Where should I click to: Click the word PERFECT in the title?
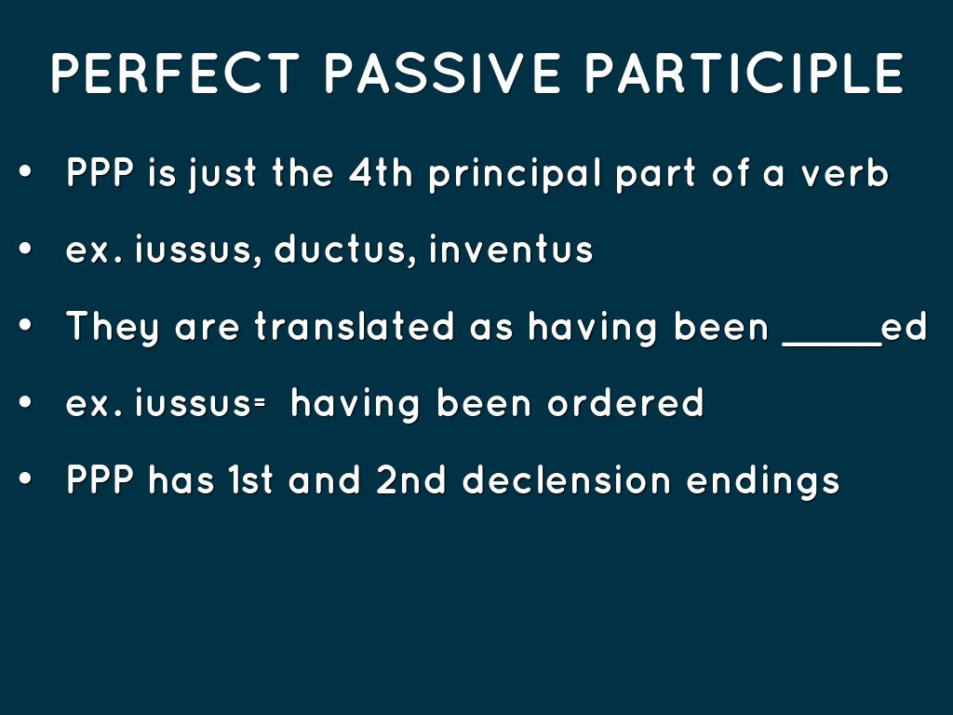176,73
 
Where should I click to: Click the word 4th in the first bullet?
381,172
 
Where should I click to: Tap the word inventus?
511,250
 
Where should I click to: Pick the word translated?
355,326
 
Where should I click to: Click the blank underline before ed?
832,344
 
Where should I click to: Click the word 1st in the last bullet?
251,479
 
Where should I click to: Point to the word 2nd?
410,479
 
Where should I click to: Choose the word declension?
567,479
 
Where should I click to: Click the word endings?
763,481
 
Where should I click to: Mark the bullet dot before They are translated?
25,325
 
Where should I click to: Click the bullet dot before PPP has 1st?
25,479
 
